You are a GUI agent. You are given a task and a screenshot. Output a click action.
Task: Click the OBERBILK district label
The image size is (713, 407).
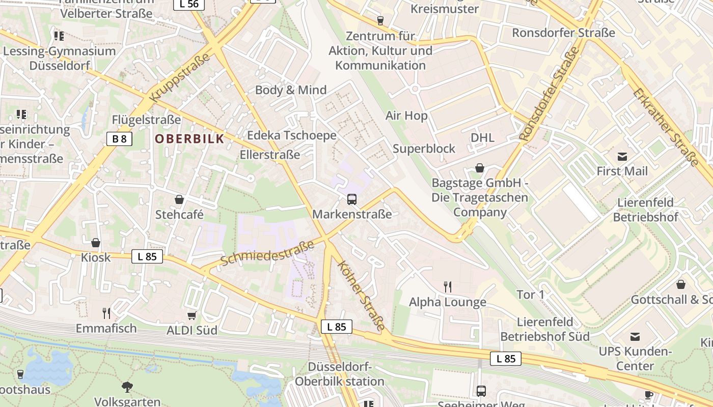(189, 138)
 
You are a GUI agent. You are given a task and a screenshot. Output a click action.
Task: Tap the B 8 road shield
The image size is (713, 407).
(119, 138)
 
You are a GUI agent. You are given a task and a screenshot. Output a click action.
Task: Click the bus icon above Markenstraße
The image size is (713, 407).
(352, 199)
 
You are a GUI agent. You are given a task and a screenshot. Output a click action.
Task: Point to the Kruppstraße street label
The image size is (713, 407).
(180, 77)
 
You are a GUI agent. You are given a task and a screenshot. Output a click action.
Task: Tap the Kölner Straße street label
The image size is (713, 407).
(361, 296)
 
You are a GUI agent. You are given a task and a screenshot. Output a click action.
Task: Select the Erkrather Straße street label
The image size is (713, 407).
(666, 127)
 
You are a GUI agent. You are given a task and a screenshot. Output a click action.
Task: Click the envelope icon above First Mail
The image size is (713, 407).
(622, 156)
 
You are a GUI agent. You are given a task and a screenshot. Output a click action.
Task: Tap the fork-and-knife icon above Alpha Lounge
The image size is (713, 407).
(448, 287)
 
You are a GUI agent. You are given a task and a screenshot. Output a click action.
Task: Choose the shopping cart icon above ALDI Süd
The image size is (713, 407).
(192, 316)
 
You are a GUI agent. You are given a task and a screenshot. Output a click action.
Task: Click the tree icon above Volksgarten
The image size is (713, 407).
(127, 387)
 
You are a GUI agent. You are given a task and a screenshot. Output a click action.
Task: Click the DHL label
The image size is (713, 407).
(482, 137)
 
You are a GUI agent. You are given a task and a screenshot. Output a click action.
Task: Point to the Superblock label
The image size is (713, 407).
(424, 149)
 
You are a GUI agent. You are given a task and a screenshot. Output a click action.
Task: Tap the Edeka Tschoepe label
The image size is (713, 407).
(292, 135)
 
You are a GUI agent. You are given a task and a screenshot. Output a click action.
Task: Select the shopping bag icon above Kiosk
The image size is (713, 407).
(96, 243)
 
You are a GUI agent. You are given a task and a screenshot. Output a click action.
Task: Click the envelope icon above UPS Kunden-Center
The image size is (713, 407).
(635, 336)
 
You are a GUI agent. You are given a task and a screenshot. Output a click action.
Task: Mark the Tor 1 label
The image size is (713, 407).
(531, 295)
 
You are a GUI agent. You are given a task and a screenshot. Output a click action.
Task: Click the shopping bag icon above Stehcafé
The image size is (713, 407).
(179, 199)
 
